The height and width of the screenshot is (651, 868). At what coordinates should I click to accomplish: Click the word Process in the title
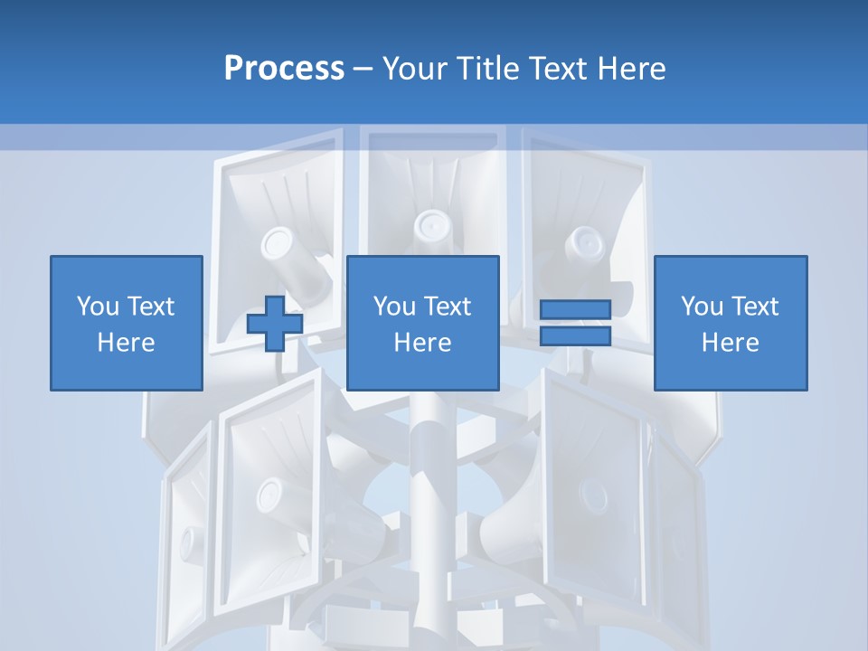[284, 69]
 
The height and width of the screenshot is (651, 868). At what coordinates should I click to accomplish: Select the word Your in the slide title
[412, 69]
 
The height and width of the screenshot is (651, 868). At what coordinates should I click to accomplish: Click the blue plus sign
[275, 324]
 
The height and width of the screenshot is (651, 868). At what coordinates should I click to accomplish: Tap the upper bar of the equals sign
[575, 309]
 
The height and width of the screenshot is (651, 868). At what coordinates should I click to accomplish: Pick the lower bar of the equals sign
[575, 335]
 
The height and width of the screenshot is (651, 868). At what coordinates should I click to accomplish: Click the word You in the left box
[98, 306]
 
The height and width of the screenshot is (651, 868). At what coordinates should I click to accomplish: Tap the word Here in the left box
[126, 343]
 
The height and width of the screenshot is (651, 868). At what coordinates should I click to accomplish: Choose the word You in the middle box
[394, 306]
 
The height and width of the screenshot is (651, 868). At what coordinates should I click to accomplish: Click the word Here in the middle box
[423, 343]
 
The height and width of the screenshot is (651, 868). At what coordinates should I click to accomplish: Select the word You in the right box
[702, 306]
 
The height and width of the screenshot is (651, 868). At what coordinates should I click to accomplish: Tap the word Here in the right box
[731, 343]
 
